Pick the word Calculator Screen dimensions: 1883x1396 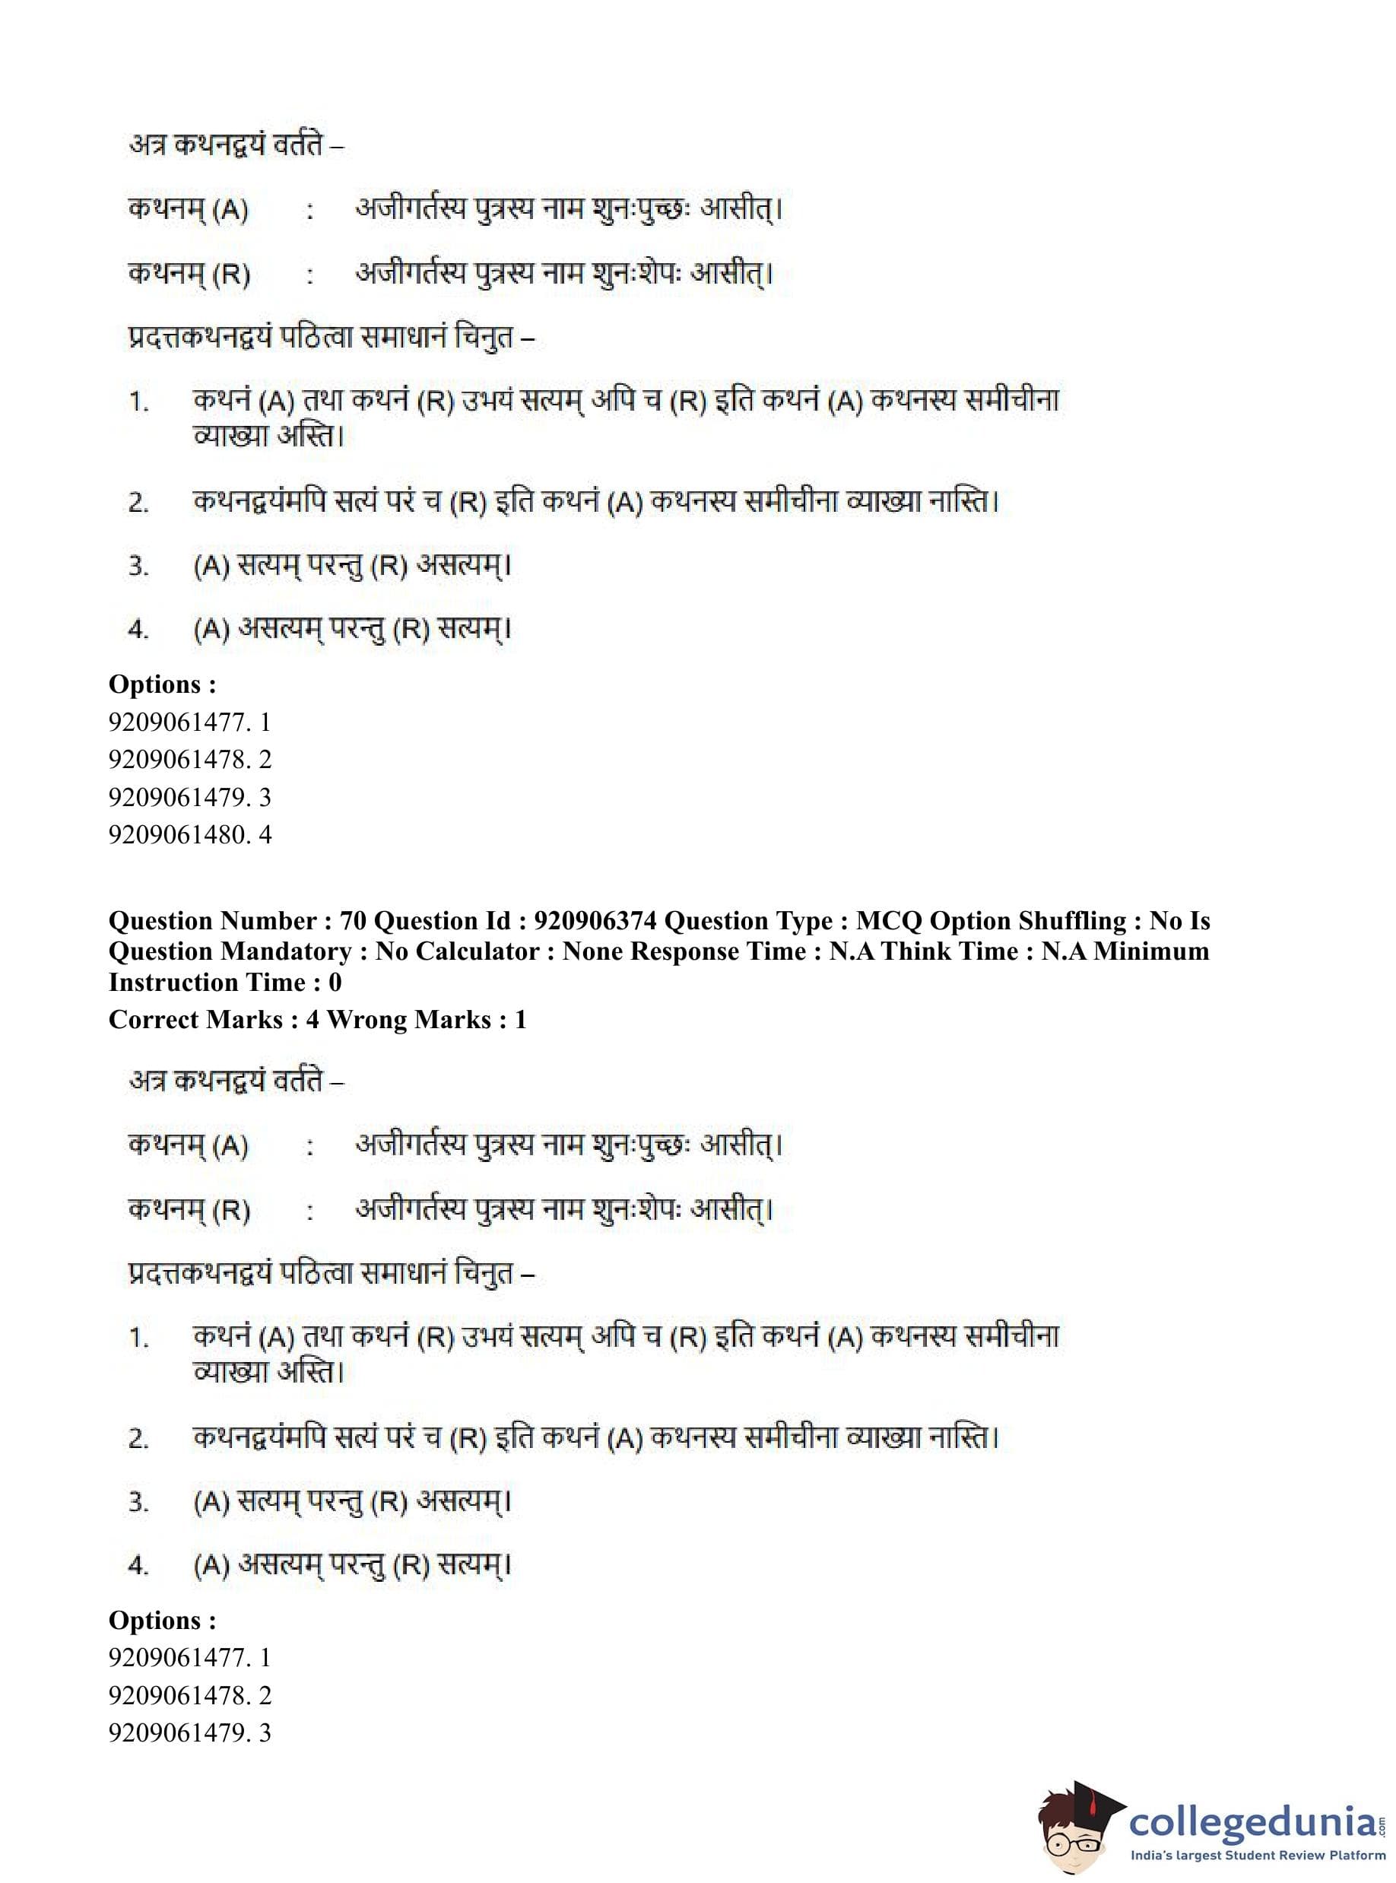[478, 951]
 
